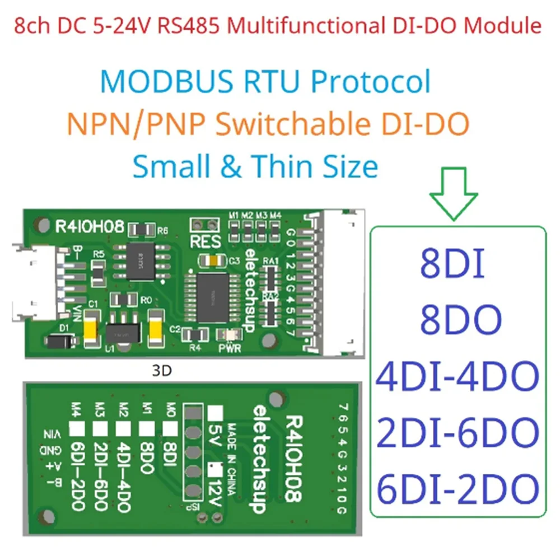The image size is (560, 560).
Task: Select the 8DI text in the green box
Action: [452, 266]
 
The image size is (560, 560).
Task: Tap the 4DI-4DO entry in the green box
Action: [457, 376]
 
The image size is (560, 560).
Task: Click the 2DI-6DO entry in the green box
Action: [457, 432]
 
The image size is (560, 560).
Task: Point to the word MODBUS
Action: [167, 82]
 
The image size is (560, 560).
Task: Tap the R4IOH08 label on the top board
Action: [88, 226]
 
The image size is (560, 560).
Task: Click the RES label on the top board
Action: [205, 243]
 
